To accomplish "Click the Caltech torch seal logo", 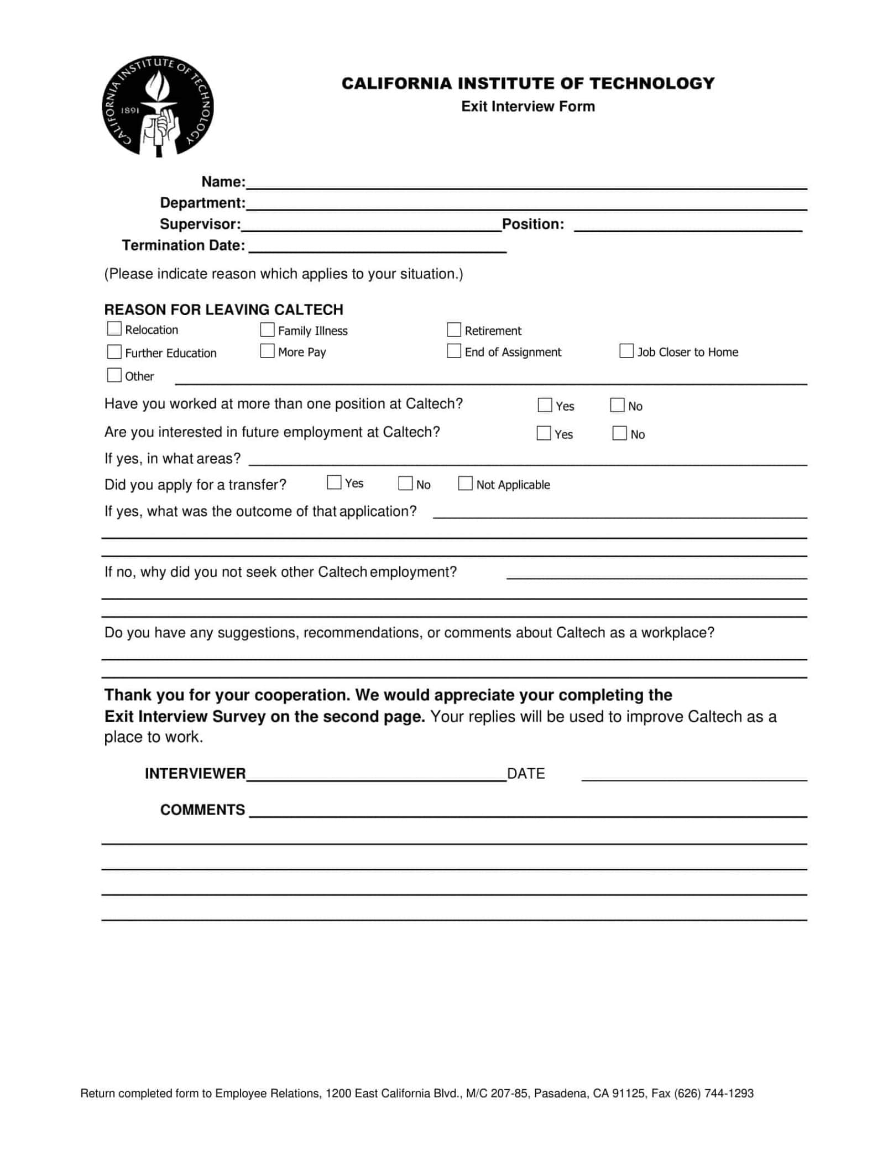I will tap(158, 106).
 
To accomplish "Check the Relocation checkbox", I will tap(114, 329).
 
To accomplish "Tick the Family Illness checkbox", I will tap(267, 330).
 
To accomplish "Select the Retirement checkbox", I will tap(453, 330).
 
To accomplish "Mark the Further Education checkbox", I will tap(114, 352).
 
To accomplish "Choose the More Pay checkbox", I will tap(267, 351).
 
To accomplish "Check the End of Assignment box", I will tap(453, 351).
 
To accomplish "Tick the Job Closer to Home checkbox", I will tap(626, 351).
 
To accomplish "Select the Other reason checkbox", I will tap(114, 375).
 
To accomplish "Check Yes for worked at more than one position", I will tap(545, 405).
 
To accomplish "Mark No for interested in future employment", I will tap(619, 433).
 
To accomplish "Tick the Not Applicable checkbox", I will tap(466, 484).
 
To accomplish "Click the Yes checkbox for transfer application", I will tap(334, 482).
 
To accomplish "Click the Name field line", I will tap(525, 183).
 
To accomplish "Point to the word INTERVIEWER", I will tap(195, 774).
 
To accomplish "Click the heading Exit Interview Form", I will tap(528, 107).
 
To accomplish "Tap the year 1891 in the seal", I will tap(130, 110).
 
